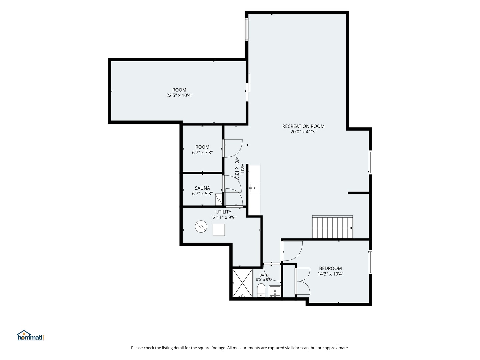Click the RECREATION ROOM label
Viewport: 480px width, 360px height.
tap(303, 126)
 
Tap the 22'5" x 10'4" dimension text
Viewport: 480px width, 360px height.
tap(179, 95)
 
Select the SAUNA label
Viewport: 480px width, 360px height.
tap(202, 188)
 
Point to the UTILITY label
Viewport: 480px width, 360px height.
tap(223, 212)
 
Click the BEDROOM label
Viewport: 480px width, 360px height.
tap(330, 268)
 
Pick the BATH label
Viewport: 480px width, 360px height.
tap(264, 275)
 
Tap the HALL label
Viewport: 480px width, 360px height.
tap(242, 169)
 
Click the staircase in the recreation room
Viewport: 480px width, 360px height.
tap(332, 227)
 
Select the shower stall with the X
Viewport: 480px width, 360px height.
tap(242, 283)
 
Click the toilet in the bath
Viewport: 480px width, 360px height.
tap(261, 290)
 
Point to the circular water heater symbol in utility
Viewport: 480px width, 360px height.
tap(201, 227)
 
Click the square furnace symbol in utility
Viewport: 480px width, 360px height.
tap(219, 230)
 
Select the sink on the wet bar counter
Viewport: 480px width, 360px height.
tap(254, 188)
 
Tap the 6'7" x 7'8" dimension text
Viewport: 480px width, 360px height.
tap(202, 153)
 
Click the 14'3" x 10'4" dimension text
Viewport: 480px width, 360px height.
tap(330, 274)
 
